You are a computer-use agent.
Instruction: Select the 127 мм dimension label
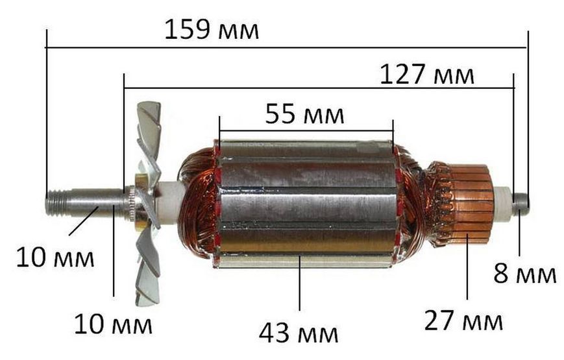click(426, 75)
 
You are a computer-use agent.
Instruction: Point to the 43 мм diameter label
click(298, 333)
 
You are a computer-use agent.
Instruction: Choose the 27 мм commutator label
click(463, 321)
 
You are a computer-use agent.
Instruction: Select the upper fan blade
click(149, 137)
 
